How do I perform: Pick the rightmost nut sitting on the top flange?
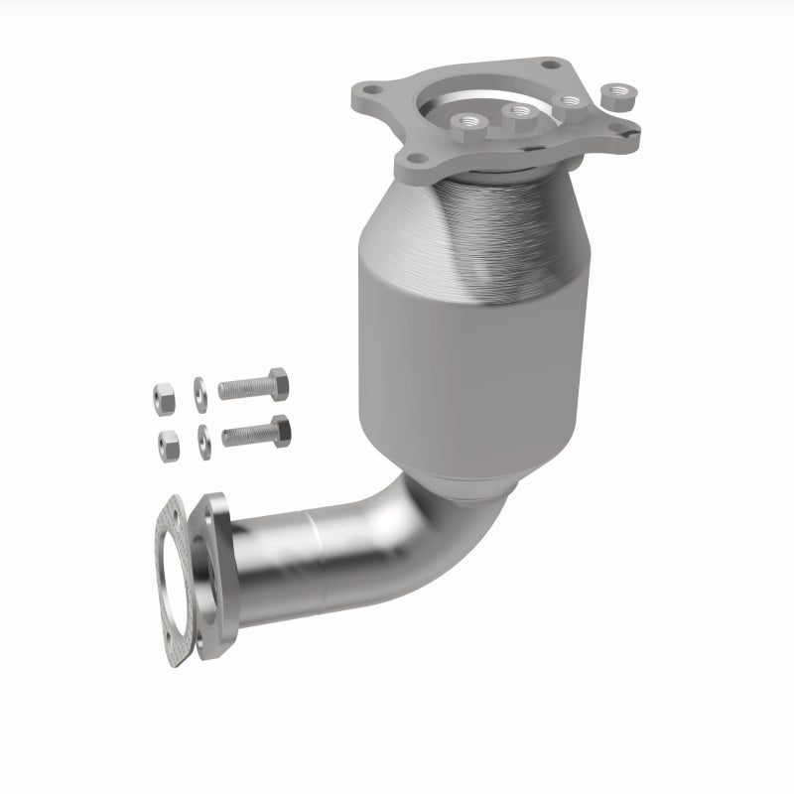click(x=571, y=102)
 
